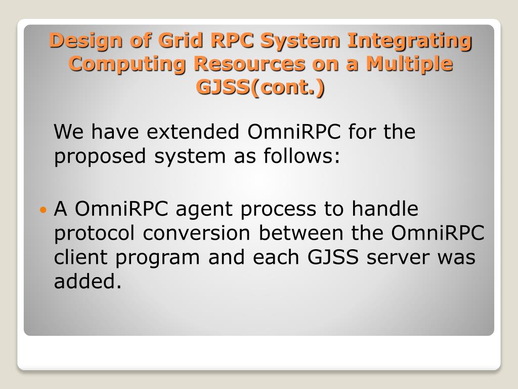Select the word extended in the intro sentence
(193, 132)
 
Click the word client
(81, 257)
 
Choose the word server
(399, 257)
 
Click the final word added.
(88, 281)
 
